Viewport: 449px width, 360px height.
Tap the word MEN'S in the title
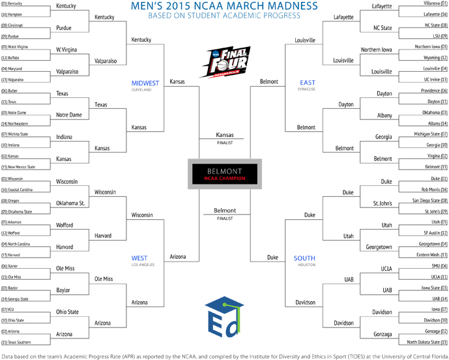tap(146, 6)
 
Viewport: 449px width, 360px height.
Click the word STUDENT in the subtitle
tap(204, 16)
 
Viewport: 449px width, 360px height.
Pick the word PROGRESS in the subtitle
tap(282, 16)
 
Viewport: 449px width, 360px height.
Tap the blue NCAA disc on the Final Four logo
tap(214, 55)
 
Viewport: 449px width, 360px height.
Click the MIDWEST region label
tap(145, 83)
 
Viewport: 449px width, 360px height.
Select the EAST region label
tap(308, 83)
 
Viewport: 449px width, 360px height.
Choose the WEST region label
tap(139, 258)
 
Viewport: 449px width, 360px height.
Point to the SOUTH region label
tap(304, 258)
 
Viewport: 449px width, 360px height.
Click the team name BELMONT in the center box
tap(224, 172)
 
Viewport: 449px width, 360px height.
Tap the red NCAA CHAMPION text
tap(224, 179)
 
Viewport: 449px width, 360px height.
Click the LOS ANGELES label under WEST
tap(142, 265)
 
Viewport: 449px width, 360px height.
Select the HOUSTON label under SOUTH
tap(306, 265)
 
